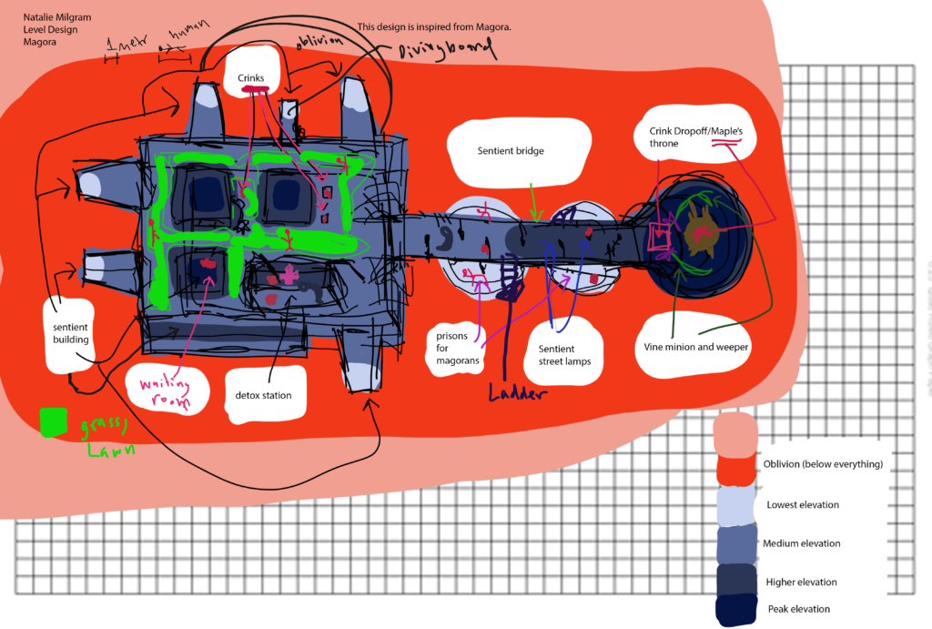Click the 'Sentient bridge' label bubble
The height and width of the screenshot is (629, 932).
pyautogui.click(x=511, y=151)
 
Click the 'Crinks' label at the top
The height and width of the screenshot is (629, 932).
pyautogui.click(x=250, y=79)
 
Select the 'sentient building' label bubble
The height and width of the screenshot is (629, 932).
pyautogui.click(x=70, y=332)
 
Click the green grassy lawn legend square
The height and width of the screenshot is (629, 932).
pyautogui.click(x=54, y=421)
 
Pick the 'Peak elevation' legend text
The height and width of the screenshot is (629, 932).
pyautogui.click(x=796, y=609)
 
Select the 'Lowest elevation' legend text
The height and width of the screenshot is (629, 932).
pyautogui.click(x=803, y=504)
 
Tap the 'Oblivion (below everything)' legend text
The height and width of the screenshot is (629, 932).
pyautogui.click(x=823, y=464)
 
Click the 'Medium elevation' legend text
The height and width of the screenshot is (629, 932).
pyautogui.click(x=801, y=543)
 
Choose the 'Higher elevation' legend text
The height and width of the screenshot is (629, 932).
pyautogui.click(x=800, y=582)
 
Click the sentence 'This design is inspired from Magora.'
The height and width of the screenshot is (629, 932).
pyautogui.click(x=435, y=27)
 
